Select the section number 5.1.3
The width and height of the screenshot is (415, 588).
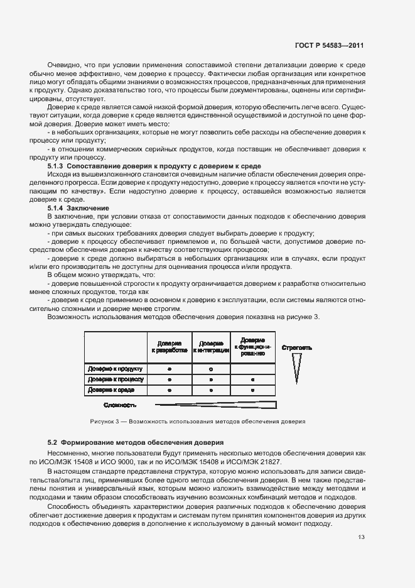[x=57, y=165]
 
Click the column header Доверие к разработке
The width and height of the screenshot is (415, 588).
[x=170, y=347]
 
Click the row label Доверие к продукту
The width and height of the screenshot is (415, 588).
[x=116, y=369]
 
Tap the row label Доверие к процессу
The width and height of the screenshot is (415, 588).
[x=116, y=379]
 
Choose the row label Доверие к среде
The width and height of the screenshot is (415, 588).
[x=116, y=390]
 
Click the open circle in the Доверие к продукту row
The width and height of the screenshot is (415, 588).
[x=211, y=369]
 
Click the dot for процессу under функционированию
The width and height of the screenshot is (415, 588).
[x=252, y=380]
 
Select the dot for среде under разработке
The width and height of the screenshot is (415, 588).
[x=170, y=391]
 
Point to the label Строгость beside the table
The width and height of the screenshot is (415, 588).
[x=297, y=347]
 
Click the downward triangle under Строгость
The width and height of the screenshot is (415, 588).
[x=296, y=371]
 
